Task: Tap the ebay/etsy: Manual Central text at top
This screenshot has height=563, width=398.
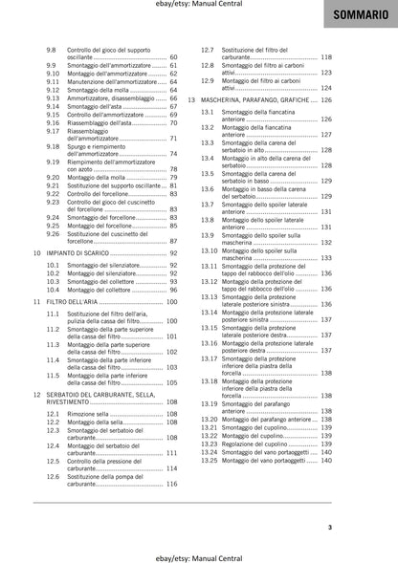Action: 198,6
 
